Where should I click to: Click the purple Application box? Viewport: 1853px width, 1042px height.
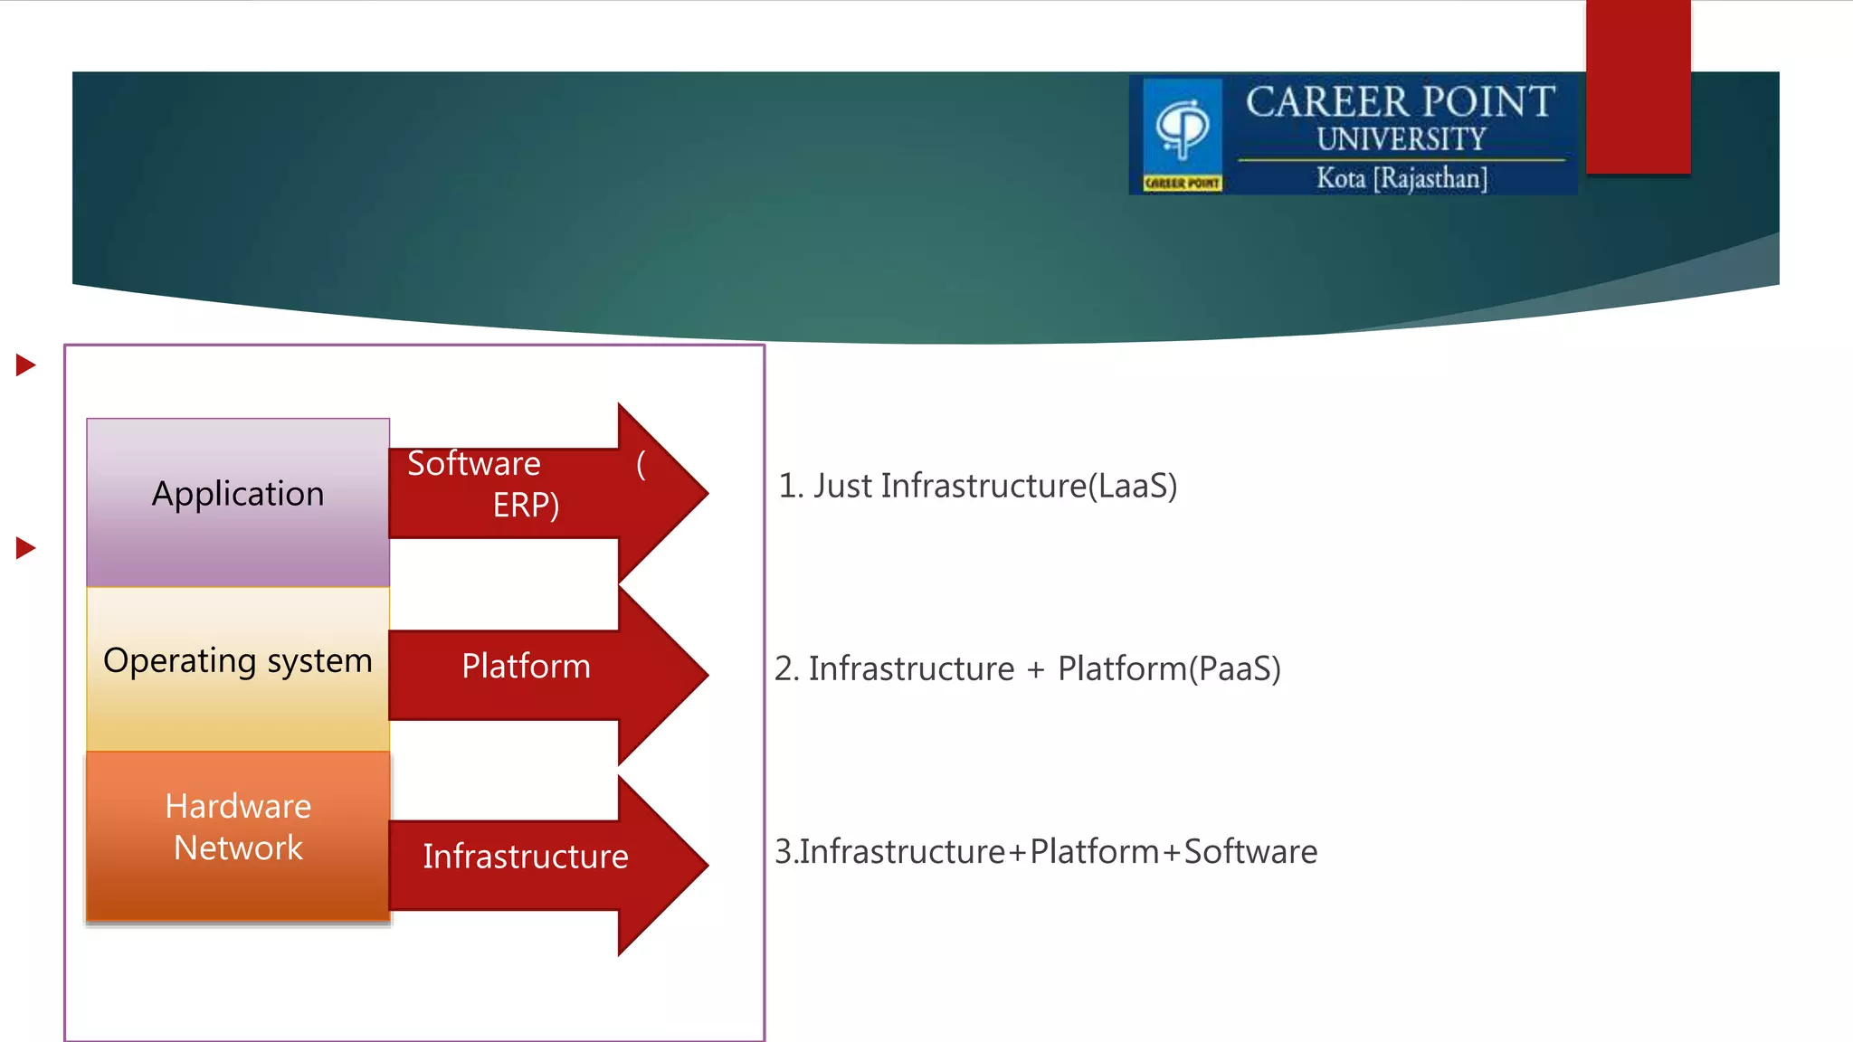[x=238, y=502]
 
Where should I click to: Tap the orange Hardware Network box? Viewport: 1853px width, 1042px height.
[x=238, y=834]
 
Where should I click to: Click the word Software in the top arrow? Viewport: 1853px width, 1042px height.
[x=473, y=464]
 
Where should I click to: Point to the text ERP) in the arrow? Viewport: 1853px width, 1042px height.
[x=526, y=505]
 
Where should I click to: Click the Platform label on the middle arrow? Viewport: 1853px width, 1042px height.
[x=526, y=667]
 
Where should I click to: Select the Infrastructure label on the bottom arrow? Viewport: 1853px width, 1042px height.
[x=526, y=857]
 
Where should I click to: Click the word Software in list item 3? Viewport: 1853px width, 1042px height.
[x=1250, y=852]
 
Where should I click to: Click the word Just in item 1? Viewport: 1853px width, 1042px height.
[x=842, y=487]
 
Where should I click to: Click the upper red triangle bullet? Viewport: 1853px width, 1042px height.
[x=25, y=365]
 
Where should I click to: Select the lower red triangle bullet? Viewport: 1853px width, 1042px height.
[x=25, y=548]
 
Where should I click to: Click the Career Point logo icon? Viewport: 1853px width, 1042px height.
[x=1183, y=133]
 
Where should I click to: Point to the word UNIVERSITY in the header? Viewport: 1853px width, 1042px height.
[x=1401, y=139]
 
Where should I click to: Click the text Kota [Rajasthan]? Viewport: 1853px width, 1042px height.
[x=1402, y=178]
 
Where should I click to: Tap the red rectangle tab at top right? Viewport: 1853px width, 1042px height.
[x=1638, y=86]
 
